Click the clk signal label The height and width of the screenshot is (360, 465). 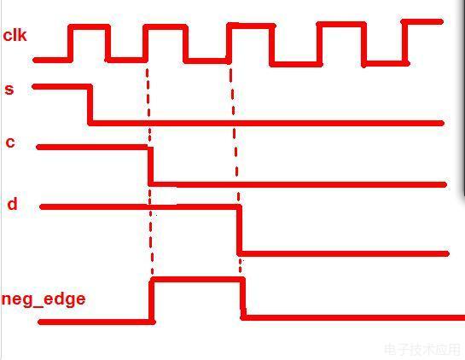[x=15, y=35]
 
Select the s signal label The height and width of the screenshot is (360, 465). [x=9, y=90]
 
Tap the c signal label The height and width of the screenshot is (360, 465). [x=10, y=142]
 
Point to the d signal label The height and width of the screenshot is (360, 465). [x=12, y=204]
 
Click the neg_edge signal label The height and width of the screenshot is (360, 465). [x=44, y=299]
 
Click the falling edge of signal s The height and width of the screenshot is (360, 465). [x=90, y=105]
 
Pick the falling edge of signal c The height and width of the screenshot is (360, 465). [x=151, y=165]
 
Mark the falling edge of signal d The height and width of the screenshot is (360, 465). [x=239, y=229]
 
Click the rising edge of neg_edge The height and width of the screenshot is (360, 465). [x=152, y=299]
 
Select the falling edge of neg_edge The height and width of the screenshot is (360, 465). [x=243, y=299]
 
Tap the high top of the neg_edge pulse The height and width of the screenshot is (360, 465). [x=197, y=279]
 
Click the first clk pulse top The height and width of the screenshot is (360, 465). [x=90, y=27]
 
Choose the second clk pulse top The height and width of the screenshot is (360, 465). [x=166, y=27]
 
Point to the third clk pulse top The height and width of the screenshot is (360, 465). [x=251, y=26]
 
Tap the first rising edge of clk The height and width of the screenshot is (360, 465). [x=70, y=44]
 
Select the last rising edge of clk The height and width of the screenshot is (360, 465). [x=405, y=42]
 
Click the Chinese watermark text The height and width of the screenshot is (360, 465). [x=422, y=350]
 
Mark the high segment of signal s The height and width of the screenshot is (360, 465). [x=61, y=87]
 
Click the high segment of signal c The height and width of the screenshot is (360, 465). [x=92, y=147]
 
